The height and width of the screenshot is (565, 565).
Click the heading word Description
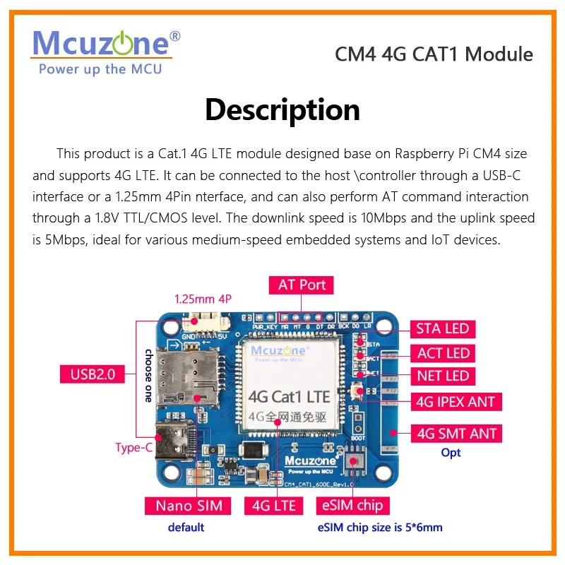pos(282,110)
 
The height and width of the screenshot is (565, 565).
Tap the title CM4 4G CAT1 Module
pos(433,54)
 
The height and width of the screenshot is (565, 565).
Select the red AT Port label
pos(302,285)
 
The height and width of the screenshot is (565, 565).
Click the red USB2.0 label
pos(93,374)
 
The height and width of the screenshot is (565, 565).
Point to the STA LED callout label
pos(443,328)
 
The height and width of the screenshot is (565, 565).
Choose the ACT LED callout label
pos(443,352)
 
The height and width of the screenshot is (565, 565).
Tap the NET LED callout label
pos(443,376)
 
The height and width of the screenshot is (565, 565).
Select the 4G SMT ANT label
pos(456,433)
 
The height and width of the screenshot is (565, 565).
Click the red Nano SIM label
pos(189,505)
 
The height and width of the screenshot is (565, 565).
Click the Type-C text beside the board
pos(133,447)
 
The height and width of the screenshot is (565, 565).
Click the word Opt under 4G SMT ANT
pos(451,453)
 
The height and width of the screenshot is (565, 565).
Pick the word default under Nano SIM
pos(186,527)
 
